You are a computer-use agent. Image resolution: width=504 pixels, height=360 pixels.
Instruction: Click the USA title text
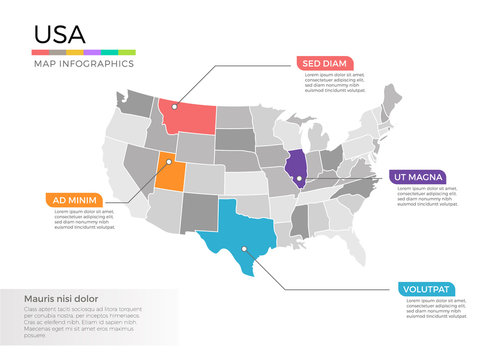point(57,33)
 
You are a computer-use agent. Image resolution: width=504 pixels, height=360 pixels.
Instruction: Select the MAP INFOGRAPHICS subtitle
point(84,63)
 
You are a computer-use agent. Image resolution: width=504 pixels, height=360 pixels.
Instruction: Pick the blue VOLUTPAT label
point(425,289)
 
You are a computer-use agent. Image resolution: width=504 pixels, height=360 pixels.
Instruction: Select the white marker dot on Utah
point(169,160)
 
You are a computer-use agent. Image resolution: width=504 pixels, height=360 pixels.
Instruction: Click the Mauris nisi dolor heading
point(61,298)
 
